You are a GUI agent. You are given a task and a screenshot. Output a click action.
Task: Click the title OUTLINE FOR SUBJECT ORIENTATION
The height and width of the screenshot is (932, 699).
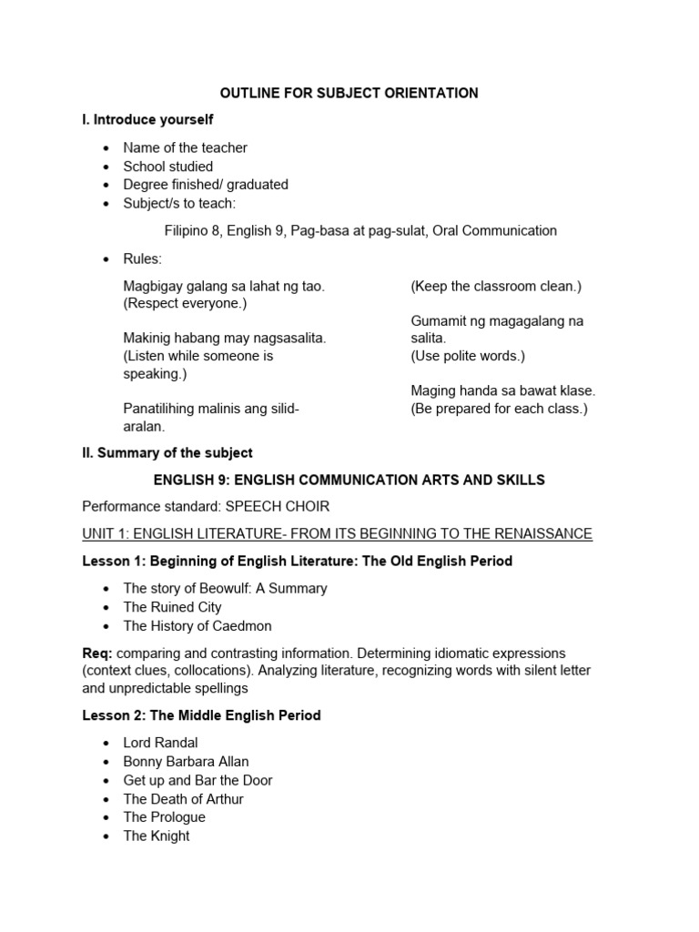point(349,93)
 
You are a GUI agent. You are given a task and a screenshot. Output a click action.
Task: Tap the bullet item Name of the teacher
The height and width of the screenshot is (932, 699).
point(185,147)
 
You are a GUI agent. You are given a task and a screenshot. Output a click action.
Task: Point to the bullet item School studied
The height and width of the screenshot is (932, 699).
point(168,167)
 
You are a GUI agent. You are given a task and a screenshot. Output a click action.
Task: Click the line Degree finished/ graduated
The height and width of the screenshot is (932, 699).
point(206,185)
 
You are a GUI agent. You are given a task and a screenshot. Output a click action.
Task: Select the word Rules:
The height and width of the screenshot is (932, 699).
point(143,259)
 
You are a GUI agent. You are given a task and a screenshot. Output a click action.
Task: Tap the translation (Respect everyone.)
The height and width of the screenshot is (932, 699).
point(185,303)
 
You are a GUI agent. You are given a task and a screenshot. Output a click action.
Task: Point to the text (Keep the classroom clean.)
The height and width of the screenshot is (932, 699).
point(496,286)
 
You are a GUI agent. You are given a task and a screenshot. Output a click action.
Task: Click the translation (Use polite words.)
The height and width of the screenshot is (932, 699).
point(468,356)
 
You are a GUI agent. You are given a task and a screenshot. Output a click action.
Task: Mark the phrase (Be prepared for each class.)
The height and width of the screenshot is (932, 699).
point(500,409)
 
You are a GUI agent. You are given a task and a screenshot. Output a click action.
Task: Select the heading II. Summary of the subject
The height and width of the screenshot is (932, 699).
point(167,452)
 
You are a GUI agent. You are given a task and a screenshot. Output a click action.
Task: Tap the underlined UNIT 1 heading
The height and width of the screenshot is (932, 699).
point(337,533)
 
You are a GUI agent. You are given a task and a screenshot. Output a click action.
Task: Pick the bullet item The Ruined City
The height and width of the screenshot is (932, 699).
point(172,607)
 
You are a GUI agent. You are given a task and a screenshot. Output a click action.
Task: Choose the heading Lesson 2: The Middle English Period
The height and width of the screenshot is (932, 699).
point(201,715)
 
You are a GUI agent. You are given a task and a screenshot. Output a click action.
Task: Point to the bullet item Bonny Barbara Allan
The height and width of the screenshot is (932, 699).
point(186,762)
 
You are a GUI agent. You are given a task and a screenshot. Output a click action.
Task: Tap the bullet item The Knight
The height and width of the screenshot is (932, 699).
point(157,836)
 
